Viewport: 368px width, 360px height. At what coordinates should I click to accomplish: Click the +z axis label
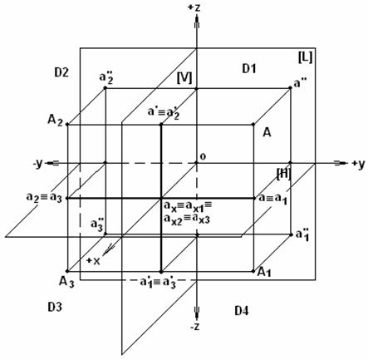[x=194, y=7]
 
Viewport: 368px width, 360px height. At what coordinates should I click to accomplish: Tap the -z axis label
[x=195, y=327]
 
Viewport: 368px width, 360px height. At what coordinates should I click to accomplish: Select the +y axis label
[x=359, y=165]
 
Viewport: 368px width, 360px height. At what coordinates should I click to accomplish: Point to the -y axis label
[x=37, y=164]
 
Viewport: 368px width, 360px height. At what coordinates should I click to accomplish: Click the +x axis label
[x=93, y=261]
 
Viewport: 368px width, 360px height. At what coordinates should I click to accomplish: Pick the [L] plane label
[x=305, y=57]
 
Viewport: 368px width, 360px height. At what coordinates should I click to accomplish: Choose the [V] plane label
[x=184, y=78]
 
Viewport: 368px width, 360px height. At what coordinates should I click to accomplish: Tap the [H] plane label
[x=284, y=174]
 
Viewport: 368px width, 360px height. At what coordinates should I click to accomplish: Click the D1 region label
[x=249, y=68]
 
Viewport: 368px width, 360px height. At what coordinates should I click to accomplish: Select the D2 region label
[x=61, y=72]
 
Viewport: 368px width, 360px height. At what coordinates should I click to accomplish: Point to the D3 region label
[x=55, y=307]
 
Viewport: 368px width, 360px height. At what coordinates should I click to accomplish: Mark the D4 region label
[x=242, y=311]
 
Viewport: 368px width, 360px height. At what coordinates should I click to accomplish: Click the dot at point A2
[x=67, y=125]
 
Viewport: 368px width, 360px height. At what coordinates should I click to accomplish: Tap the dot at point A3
[x=67, y=271]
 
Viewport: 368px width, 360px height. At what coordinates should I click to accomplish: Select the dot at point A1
[x=253, y=271]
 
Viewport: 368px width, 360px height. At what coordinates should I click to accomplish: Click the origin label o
[x=203, y=156]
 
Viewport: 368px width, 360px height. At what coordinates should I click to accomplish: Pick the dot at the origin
[x=197, y=163]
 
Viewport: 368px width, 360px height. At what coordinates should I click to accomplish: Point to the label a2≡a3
[x=44, y=198]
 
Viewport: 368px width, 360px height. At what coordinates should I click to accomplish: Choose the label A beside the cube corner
[x=267, y=132]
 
